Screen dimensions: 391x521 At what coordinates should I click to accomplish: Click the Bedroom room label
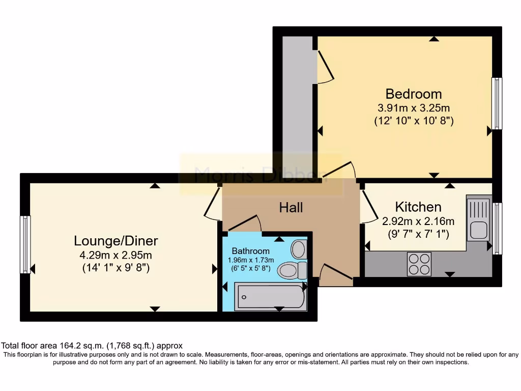coord(413,94)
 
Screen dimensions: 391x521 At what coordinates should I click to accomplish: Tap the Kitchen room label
coord(418,207)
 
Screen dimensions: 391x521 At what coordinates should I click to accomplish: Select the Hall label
coord(291,208)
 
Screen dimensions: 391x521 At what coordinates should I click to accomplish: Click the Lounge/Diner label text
coord(116,241)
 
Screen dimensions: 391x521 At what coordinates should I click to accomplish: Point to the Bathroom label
coord(250,251)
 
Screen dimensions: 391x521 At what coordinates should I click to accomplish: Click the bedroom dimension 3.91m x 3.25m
coord(413,108)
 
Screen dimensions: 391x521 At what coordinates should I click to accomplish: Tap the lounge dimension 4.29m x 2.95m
coord(116,255)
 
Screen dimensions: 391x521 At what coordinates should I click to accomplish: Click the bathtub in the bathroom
coord(270,297)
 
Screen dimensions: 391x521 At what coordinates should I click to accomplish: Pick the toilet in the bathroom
coord(292,270)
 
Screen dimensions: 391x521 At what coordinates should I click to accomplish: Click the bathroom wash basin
coord(299,250)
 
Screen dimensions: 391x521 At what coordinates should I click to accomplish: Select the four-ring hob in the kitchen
coord(419,264)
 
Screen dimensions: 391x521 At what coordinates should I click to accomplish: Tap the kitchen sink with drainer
coord(478,219)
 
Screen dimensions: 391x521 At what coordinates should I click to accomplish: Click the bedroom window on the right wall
coord(497,103)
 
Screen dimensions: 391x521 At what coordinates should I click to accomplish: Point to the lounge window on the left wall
coord(25,244)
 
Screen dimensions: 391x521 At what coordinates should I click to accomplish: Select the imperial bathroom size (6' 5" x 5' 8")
coord(250,268)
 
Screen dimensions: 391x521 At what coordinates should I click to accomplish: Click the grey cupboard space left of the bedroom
coord(298,102)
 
